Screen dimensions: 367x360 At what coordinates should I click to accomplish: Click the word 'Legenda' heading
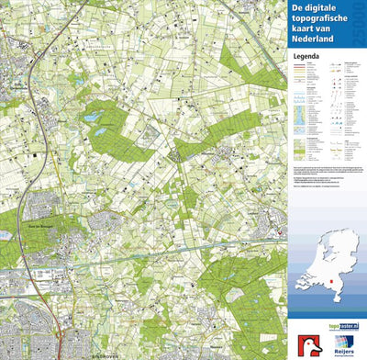click(306, 55)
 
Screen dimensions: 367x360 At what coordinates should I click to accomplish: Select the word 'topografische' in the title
click(324, 18)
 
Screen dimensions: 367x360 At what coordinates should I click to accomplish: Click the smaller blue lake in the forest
click(99, 131)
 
